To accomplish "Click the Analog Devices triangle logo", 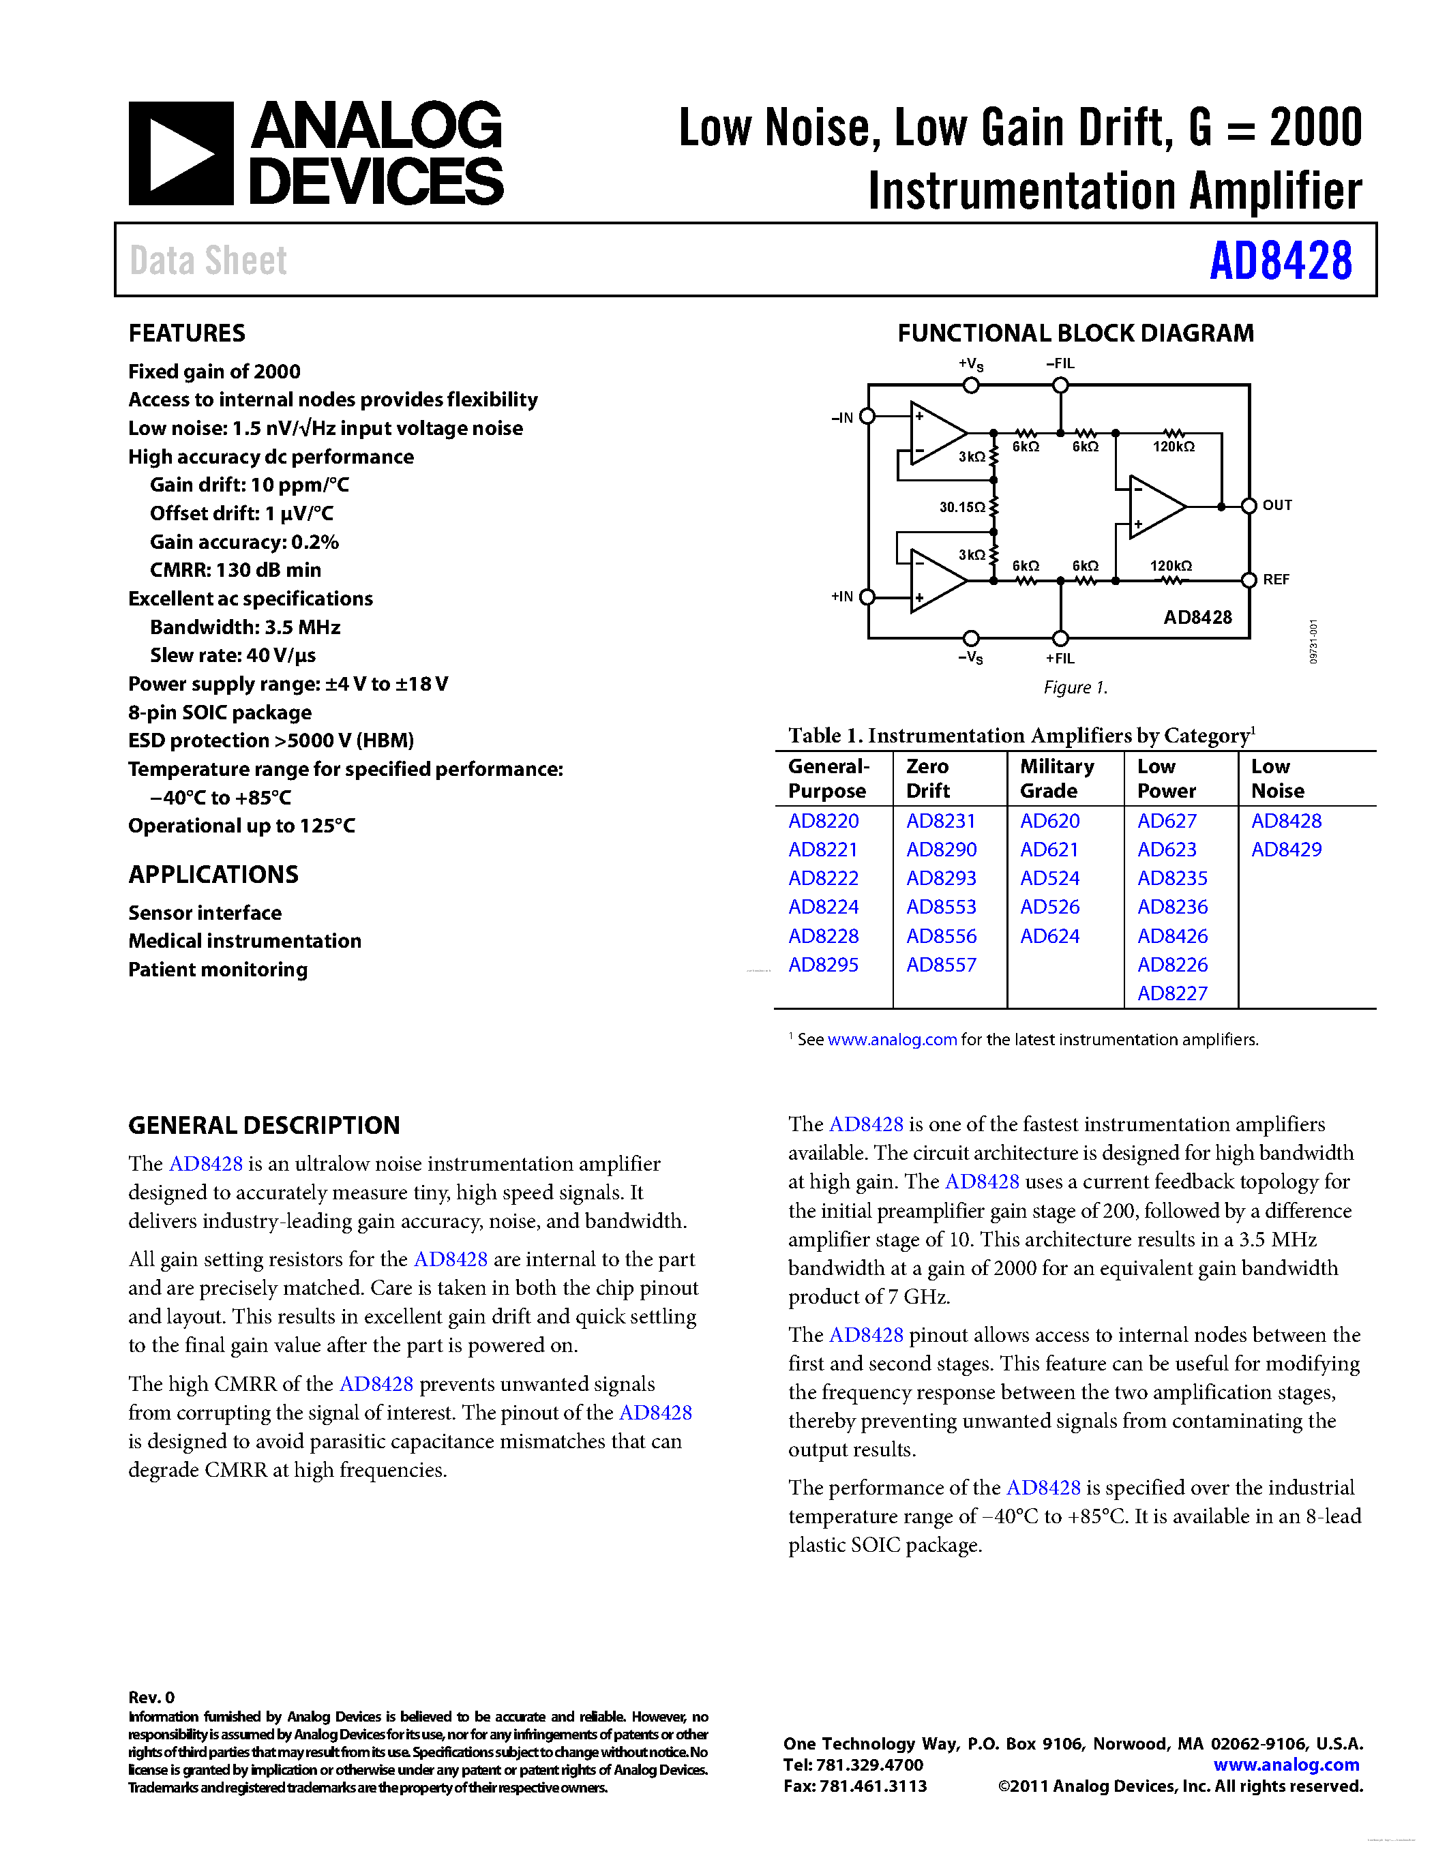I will point(181,153).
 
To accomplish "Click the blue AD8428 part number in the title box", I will point(1280,261).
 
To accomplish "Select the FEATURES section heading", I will point(186,333).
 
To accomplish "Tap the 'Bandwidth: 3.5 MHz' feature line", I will point(245,627).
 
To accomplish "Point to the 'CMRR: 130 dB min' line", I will point(235,570).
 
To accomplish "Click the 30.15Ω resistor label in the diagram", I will point(961,507).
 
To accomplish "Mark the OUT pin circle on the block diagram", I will point(1249,507).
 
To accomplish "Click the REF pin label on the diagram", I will point(1276,580).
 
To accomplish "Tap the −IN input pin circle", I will point(867,417).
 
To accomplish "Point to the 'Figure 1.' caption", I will point(1075,688).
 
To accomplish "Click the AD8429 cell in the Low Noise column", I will point(1286,850).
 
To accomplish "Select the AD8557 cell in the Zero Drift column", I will point(941,965).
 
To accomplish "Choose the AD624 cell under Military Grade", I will point(1049,937).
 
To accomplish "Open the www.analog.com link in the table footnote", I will point(891,1040).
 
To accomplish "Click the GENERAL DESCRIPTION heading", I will point(263,1126).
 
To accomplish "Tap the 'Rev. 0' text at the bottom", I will point(151,1697).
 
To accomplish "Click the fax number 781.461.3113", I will point(872,1786).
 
